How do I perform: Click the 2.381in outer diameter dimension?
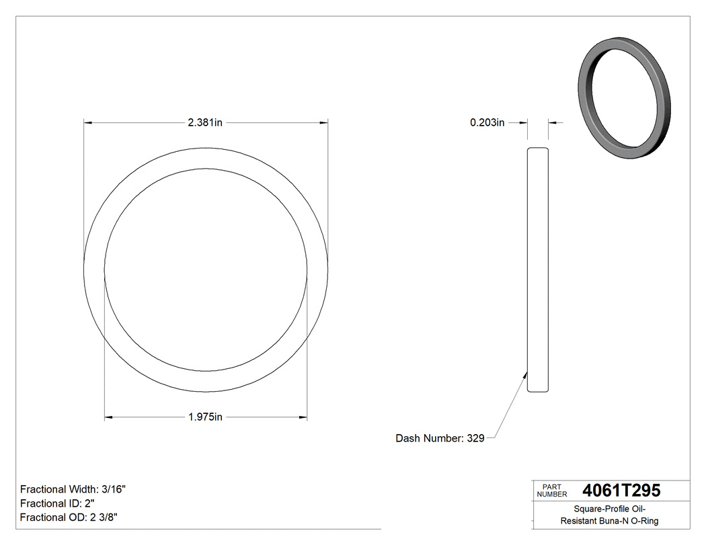(x=205, y=122)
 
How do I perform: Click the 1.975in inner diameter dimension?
(x=205, y=417)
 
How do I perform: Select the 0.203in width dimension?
(x=487, y=122)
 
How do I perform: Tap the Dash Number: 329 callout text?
(x=440, y=438)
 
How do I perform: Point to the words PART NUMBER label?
(x=552, y=491)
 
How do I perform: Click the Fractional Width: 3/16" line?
(x=73, y=489)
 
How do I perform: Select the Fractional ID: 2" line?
(x=57, y=503)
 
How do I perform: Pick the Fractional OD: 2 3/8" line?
(x=70, y=517)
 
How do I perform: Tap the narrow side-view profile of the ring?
(x=538, y=269)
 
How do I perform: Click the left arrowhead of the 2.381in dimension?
(x=87, y=122)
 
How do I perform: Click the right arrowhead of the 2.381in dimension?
(x=323, y=122)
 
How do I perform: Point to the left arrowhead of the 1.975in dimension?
(x=109, y=417)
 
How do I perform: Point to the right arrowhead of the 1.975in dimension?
(x=303, y=417)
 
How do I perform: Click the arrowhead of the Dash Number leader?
(x=525, y=374)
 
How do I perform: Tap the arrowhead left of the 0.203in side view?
(x=523, y=122)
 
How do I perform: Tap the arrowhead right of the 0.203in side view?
(x=553, y=122)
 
